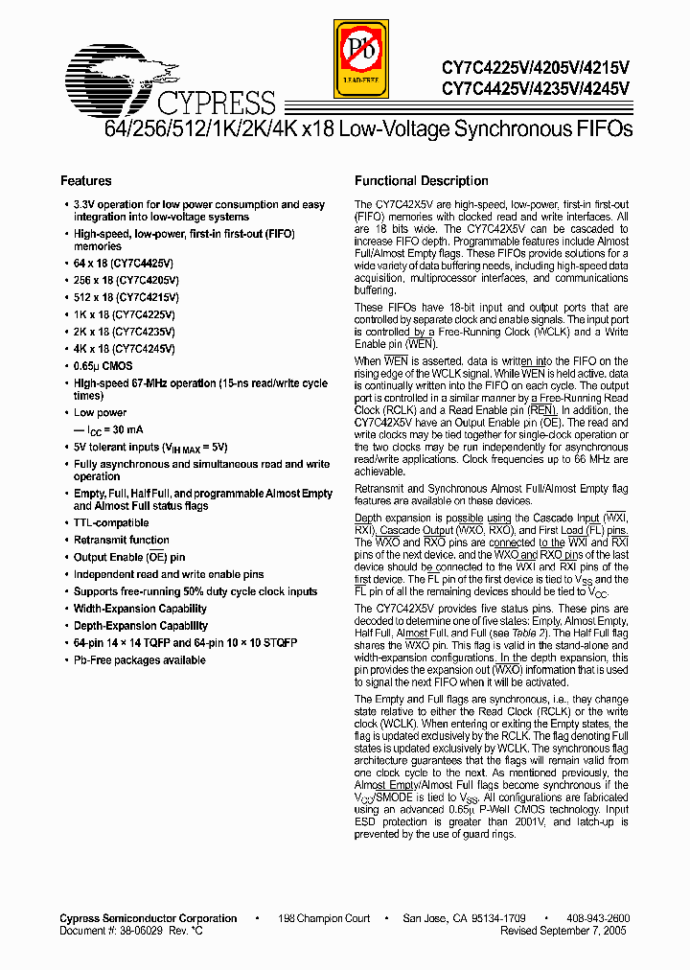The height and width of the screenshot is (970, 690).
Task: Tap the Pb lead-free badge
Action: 361,60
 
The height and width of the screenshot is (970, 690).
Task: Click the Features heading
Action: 86,181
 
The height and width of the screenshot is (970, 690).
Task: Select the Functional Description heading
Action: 422,181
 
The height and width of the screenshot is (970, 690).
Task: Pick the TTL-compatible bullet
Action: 111,523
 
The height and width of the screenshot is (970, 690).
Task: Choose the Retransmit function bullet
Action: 122,541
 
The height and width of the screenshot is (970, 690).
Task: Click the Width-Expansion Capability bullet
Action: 140,609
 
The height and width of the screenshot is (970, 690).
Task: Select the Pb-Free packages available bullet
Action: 140,660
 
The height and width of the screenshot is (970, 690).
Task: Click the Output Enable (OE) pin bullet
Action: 129,558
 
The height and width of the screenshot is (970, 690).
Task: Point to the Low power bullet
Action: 101,413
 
